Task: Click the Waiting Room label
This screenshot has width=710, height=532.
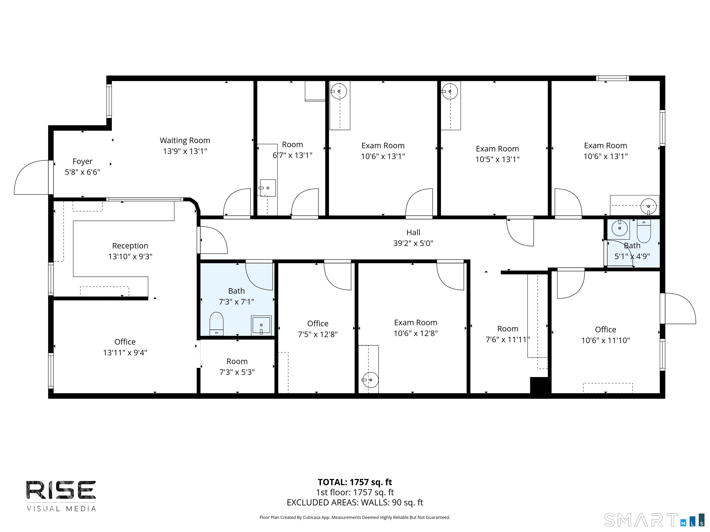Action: [185, 140]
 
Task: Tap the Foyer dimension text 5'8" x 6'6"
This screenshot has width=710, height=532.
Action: [83, 172]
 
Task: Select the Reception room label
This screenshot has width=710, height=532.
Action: [130, 246]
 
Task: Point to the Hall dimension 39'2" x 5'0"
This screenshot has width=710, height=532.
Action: [413, 243]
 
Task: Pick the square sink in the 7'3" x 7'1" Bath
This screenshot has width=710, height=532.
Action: [261, 325]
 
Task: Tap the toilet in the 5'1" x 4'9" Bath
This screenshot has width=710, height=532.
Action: [644, 231]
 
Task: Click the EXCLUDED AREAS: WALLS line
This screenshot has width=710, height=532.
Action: [355, 502]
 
